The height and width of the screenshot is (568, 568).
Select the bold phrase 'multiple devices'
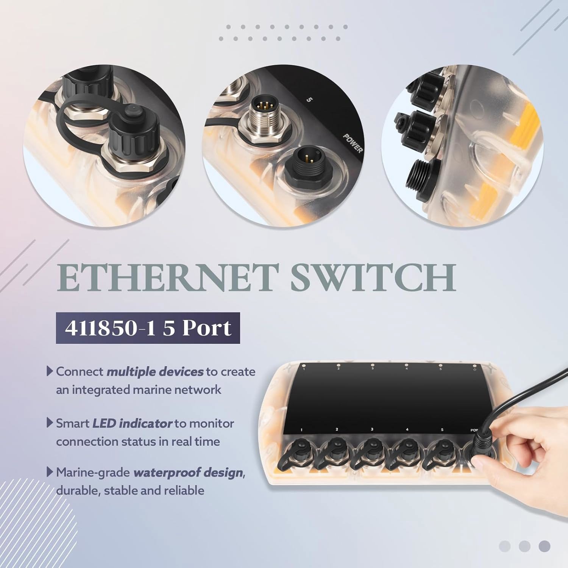155,372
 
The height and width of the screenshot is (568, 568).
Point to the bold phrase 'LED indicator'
133,423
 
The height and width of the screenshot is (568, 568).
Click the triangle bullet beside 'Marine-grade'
50,472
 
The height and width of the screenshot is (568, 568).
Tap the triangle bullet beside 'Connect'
50,371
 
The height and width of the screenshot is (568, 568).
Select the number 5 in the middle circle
309,100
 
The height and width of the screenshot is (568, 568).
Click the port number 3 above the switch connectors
372,429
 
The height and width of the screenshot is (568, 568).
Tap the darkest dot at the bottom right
544,546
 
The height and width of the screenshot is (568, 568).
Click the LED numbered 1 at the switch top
304,366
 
